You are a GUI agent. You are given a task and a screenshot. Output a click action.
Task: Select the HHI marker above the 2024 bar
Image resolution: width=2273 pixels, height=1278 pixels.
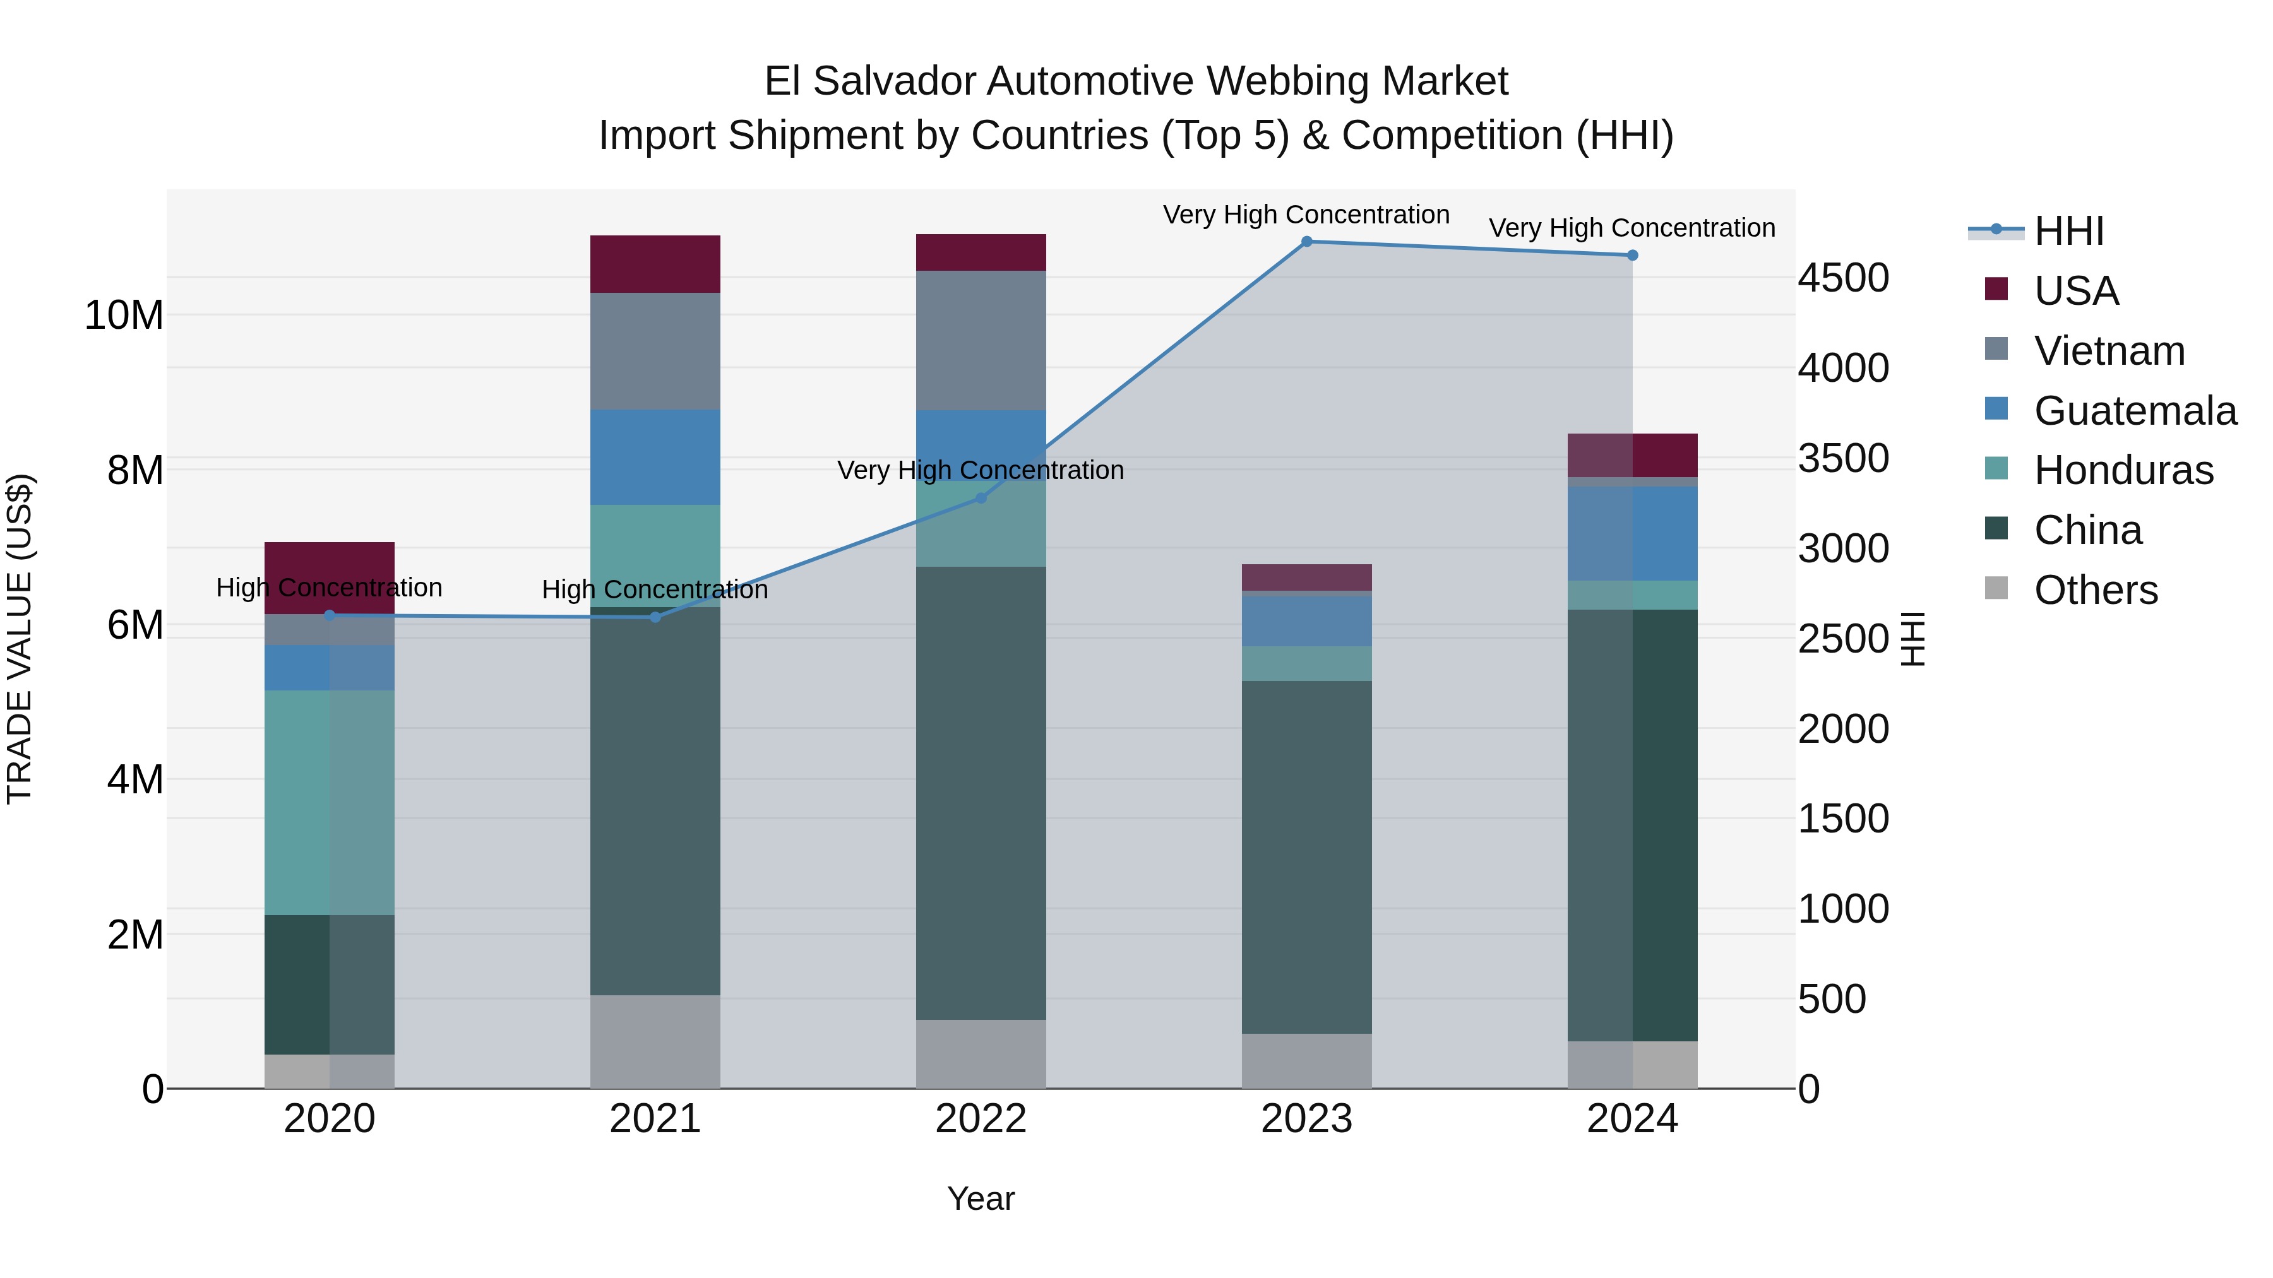[1632, 256]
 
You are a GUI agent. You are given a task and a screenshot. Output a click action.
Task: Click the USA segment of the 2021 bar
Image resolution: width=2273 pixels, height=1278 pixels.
[655, 264]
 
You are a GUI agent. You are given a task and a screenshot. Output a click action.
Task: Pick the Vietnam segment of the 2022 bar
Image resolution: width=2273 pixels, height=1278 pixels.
[981, 340]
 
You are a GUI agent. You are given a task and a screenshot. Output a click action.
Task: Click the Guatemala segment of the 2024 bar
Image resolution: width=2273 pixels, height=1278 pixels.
[1632, 533]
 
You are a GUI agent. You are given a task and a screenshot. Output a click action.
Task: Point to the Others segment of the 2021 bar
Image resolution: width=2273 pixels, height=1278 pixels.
[655, 1041]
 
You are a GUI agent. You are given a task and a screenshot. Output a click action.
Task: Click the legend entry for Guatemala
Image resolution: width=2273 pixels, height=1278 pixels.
[2135, 411]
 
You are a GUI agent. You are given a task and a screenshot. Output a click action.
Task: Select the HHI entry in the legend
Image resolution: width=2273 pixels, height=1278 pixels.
[2068, 231]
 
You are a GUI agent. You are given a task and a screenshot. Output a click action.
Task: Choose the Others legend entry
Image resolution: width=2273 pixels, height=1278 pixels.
[2095, 590]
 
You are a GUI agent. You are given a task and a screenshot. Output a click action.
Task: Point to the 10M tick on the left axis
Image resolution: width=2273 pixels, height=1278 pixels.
[124, 316]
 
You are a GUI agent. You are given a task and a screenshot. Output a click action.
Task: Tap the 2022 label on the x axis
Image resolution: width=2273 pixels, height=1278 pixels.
[981, 1119]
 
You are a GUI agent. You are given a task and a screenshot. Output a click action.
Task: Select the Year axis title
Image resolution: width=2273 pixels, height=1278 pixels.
[981, 1198]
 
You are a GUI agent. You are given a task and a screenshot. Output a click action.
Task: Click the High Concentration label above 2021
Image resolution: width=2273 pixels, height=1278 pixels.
[655, 589]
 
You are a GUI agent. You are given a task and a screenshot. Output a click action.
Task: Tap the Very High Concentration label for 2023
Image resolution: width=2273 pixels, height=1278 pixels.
[1306, 215]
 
